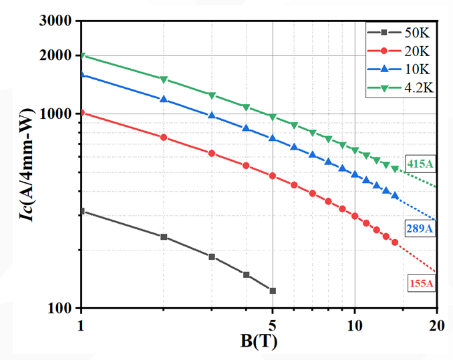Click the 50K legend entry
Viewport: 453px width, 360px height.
[402, 33]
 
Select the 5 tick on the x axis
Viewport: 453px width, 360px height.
[273, 325]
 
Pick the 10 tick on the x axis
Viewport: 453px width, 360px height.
[355, 325]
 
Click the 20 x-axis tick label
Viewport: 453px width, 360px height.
[437, 325]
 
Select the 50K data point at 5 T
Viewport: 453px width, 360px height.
[273, 291]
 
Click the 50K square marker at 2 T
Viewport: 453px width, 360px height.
[164, 236]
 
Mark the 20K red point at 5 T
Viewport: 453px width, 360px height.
[273, 176]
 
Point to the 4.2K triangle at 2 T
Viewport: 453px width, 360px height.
[164, 79]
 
